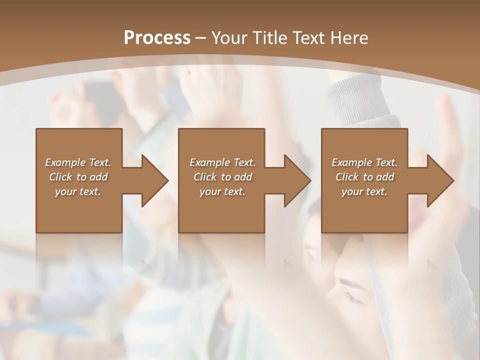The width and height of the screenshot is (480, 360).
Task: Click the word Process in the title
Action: click(x=157, y=38)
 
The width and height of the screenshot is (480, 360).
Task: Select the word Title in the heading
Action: click(x=269, y=38)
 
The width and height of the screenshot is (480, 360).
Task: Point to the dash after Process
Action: click(x=201, y=38)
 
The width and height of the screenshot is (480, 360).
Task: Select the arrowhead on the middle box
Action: click(x=297, y=180)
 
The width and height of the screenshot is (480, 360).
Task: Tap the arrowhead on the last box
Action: click(x=440, y=180)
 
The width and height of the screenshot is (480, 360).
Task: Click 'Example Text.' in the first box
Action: click(x=78, y=162)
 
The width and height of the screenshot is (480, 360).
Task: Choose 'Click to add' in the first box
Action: click(x=78, y=177)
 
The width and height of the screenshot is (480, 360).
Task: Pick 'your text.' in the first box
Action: click(x=78, y=191)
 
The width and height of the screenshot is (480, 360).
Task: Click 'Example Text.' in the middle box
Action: click(x=222, y=162)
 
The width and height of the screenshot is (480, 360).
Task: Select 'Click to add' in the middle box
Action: click(x=222, y=177)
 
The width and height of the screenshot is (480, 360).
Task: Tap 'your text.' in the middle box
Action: click(x=222, y=191)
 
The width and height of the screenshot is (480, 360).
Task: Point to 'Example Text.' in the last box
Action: click(x=364, y=162)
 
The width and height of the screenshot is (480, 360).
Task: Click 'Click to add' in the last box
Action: click(x=364, y=177)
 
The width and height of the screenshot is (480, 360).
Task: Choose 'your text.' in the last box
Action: click(x=364, y=191)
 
